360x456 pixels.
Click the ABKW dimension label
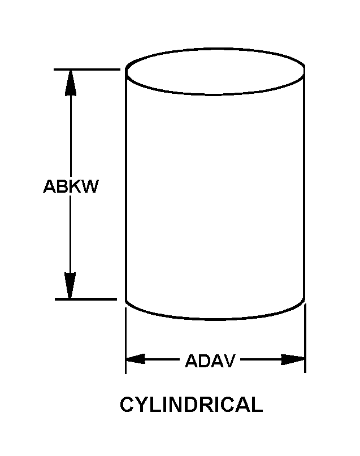(71, 186)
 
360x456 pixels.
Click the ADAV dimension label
(210, 361)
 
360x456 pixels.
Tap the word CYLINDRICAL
(191, 405)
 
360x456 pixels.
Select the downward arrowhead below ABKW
(70, 286)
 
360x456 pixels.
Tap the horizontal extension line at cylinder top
(88, 70)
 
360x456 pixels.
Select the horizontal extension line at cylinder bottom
(88, 298)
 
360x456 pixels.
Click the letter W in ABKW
(90, 186)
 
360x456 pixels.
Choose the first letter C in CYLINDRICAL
(127, 405)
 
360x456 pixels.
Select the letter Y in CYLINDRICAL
(140, 405)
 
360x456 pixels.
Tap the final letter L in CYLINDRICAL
(257, 405)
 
